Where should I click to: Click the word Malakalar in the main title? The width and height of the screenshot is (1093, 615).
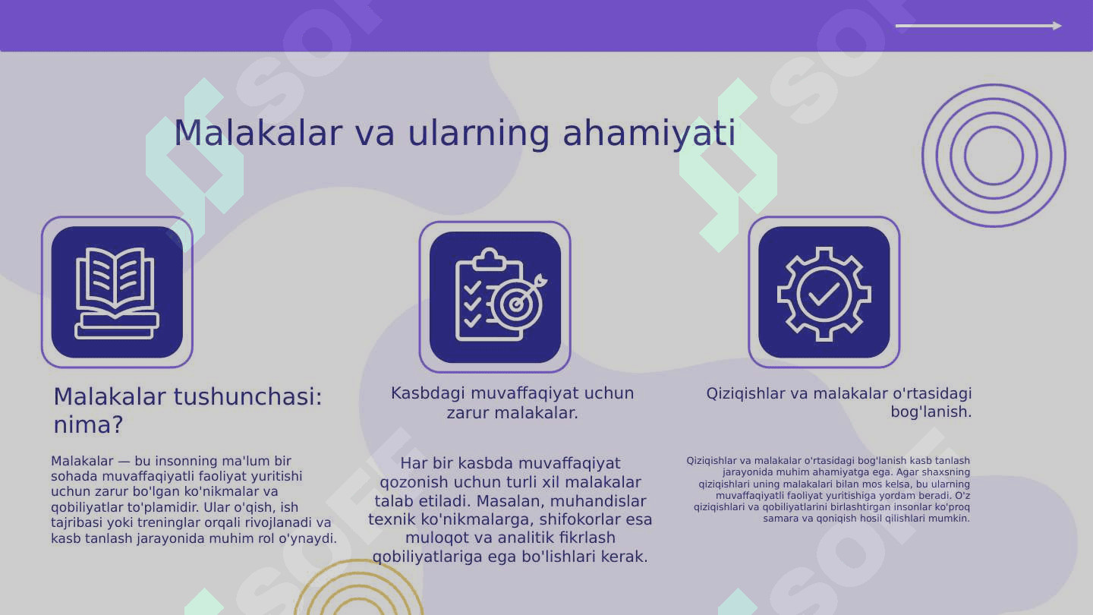(258, 133)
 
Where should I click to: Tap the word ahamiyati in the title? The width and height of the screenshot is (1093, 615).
(649, 134)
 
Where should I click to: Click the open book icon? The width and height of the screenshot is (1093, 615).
(117, 292)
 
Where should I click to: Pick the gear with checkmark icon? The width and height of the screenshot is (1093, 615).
(824, 294)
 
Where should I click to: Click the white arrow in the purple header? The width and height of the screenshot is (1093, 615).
(978, 26)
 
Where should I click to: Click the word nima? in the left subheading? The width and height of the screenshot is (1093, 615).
(88, 424)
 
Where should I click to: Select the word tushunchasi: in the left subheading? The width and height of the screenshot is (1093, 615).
(248, 396)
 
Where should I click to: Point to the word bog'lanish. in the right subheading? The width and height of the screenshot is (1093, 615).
(931, 412)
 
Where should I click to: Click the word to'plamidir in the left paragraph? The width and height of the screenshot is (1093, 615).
(163, 507)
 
